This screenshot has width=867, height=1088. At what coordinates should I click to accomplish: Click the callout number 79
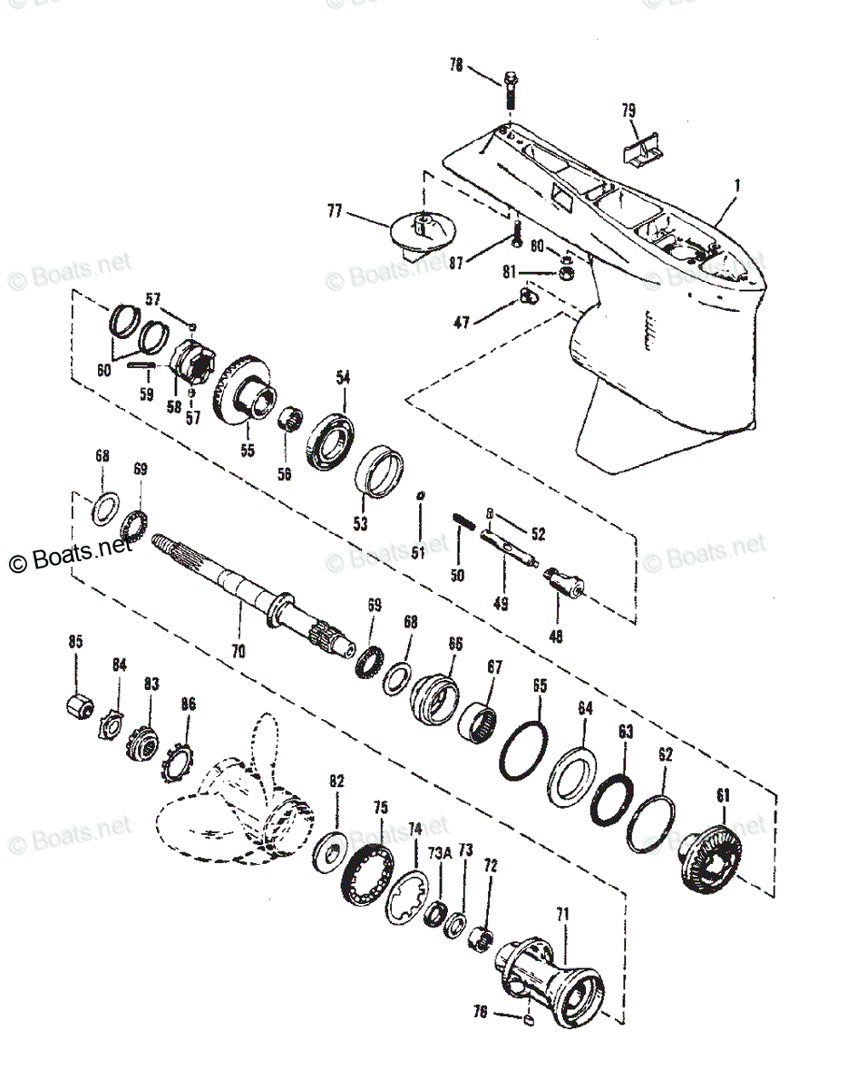(x=628, y=111)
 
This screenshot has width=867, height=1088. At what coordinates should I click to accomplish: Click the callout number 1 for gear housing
(x=737, y=185)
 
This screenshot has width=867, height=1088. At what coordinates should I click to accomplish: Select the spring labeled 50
(x=460, y=525)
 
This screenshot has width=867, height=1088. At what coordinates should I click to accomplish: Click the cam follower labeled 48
(x=564, y=580)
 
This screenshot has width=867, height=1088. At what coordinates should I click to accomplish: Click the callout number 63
(x=625, y=730)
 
